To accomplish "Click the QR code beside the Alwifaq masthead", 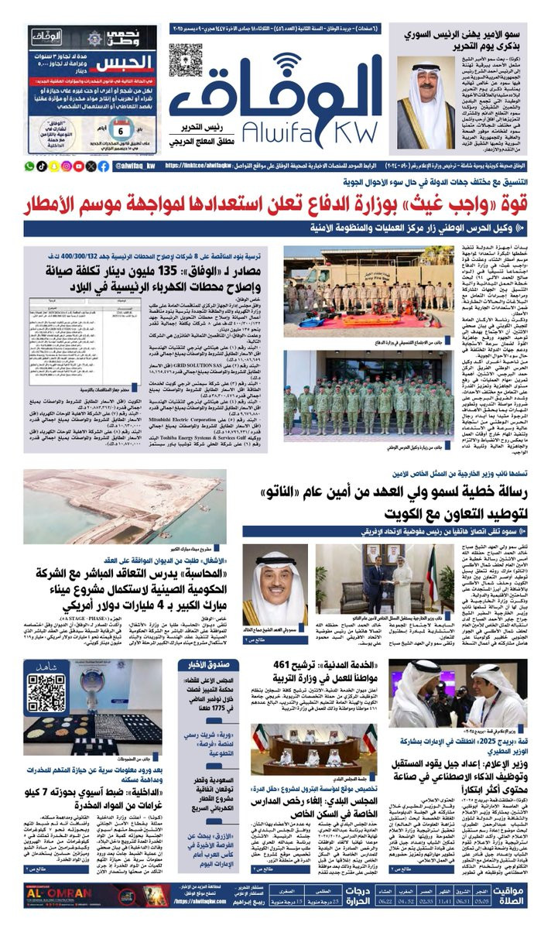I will pos(186,60).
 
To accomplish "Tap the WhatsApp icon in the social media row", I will pos(30,166).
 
